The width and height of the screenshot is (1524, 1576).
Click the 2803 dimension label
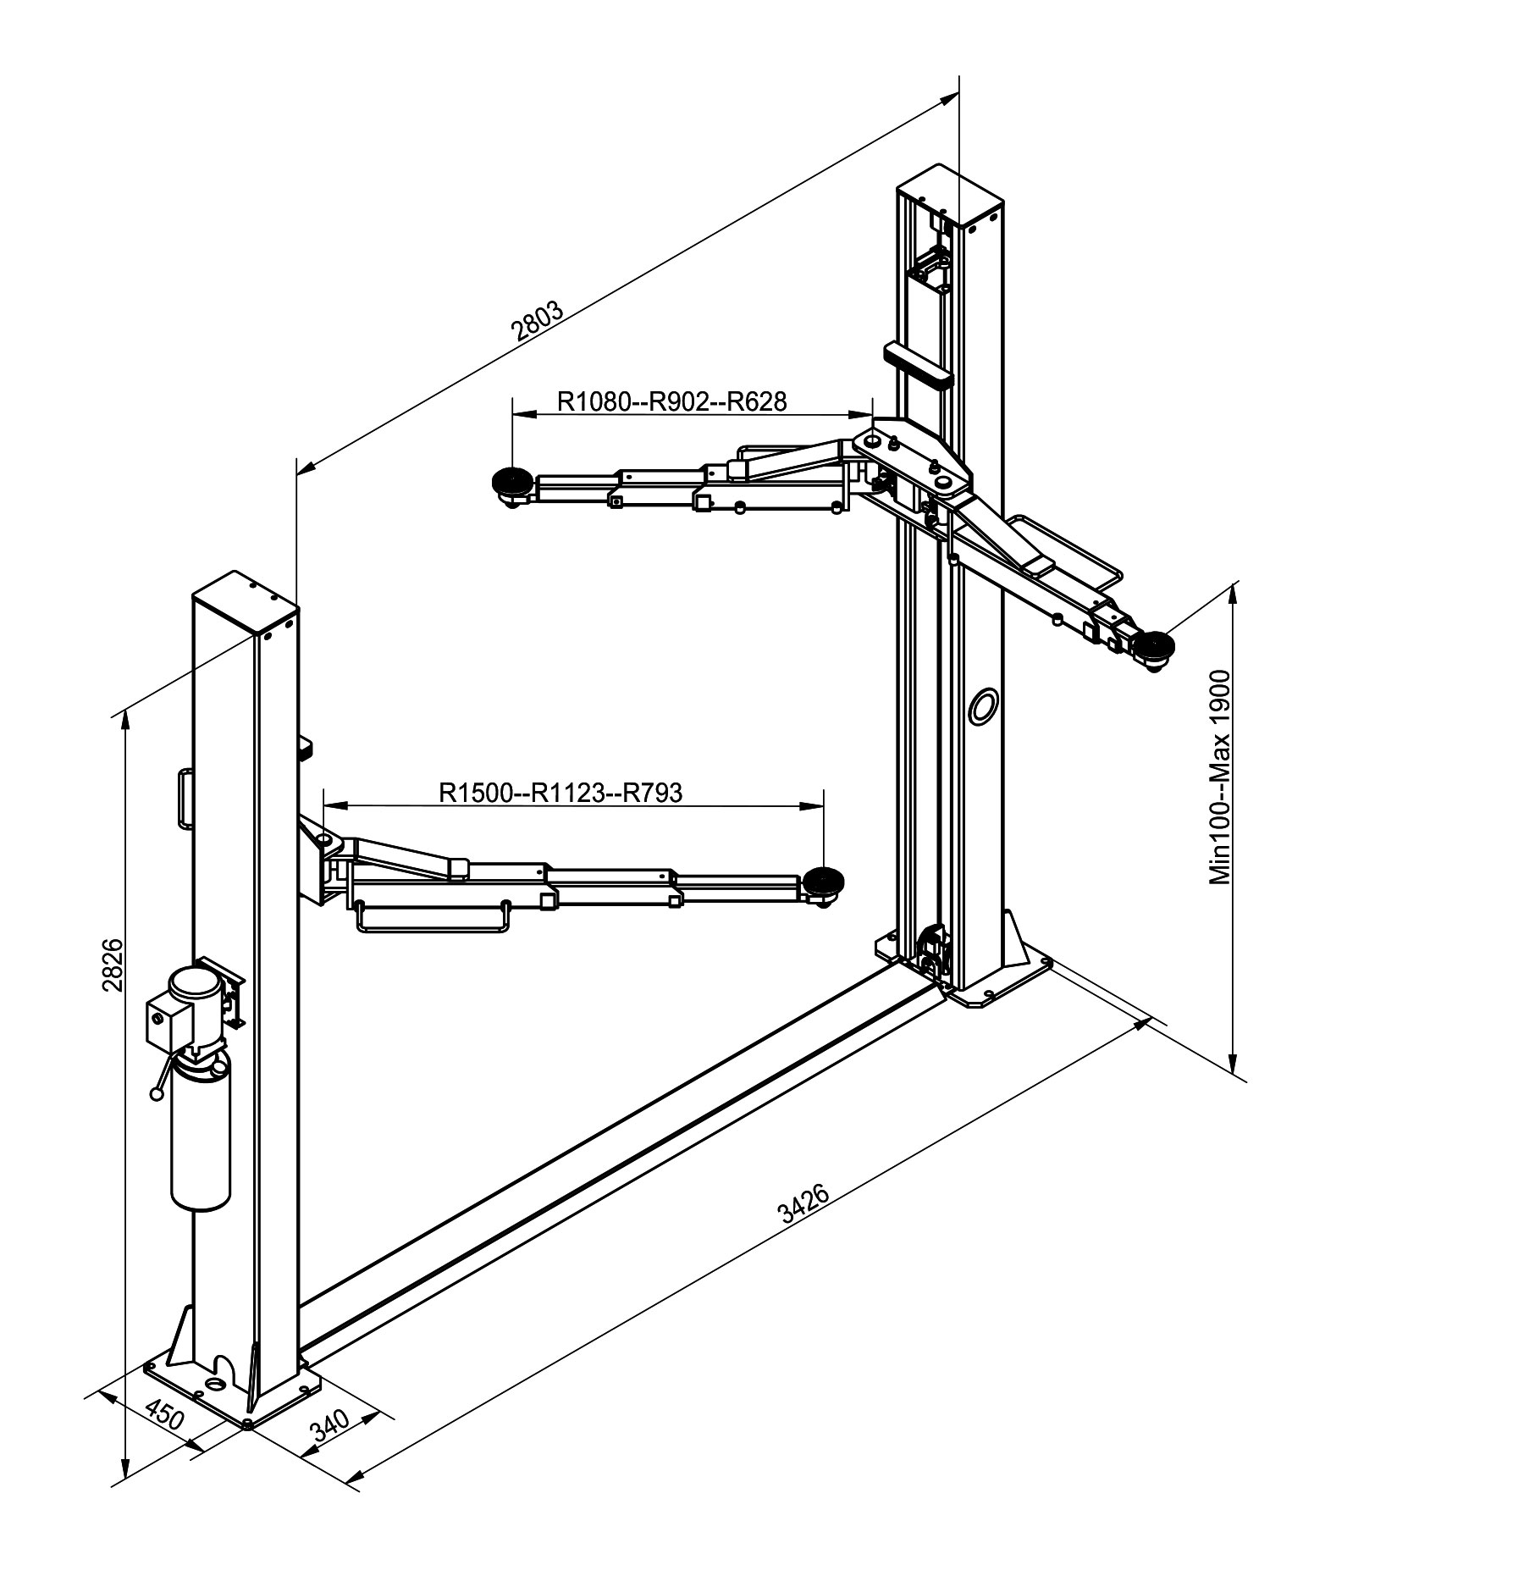(538, 319)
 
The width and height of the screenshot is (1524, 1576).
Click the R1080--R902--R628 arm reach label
(672, 401)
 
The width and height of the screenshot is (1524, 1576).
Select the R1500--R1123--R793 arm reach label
(560, 793)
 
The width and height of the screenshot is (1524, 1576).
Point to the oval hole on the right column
(983, 705)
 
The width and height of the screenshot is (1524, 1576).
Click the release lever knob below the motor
(156, 1094)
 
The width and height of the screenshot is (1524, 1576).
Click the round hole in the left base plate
(216, 1383)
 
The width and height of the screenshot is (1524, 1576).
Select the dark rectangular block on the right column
(918, 362)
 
